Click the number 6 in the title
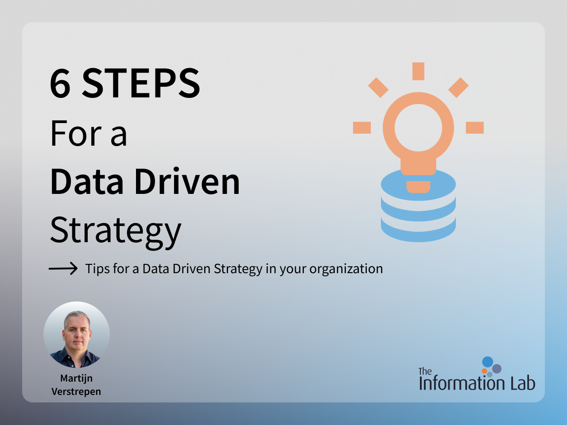(60, 83)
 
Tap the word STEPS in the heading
(141, 83)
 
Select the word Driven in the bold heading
(187, 181)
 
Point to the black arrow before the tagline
(63, 269)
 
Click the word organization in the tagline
(346, 270)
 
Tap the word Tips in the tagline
(97, 269)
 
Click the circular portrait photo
(77, 335)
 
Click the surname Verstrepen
(76, 392)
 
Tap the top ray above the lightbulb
(418, 71)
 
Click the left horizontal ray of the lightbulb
(362, 128)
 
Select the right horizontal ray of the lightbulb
(475, 128)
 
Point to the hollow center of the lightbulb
(418, 127)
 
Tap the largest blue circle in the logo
(488, 362)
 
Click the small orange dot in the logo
(484, 371)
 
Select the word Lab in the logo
(523, 383)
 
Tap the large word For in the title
(76, 134)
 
